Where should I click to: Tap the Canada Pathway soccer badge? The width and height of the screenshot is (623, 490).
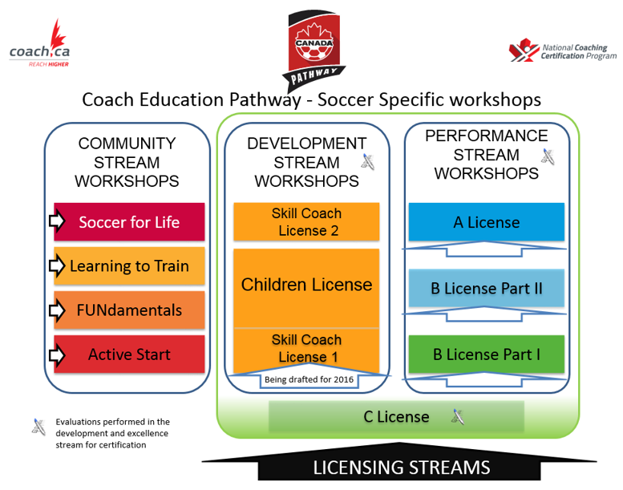[314, 51]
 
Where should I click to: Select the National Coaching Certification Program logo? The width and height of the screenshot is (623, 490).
[563, 51]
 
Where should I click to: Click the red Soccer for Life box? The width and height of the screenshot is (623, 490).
[129, 222]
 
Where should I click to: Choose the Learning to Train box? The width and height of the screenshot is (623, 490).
[129, 266]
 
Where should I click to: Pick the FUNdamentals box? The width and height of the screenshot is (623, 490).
[129, 310]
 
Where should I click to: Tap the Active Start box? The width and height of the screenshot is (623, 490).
[129, 354]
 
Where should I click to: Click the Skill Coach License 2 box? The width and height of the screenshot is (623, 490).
[306, 222]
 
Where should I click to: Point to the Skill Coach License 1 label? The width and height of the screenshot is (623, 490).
[306, 348]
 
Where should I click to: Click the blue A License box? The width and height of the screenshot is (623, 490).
[487, 222]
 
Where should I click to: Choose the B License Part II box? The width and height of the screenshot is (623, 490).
[487, 288]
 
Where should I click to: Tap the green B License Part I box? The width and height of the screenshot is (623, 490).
[487, 354]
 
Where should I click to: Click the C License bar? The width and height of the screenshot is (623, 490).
[396, 416]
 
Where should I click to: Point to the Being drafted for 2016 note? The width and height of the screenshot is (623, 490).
[309, 379]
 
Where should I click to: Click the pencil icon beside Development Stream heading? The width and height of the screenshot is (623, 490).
[368, 162]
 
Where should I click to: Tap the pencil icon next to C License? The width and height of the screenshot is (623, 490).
[458, 416]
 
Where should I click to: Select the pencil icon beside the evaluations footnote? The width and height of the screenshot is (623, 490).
[38, 427]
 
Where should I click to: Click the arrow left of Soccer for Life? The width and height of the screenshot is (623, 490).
[57, 221]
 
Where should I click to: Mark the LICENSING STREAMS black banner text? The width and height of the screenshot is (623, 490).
[401, 468]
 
